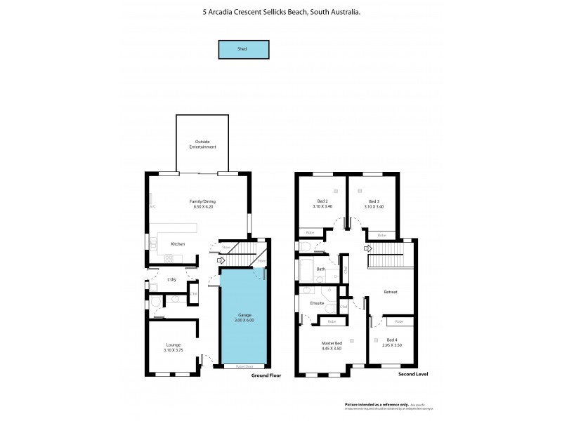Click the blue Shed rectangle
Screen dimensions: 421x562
[x=242, y=50]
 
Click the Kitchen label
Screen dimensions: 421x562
[x=178, y=243]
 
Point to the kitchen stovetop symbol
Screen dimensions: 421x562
[x=169, y=258]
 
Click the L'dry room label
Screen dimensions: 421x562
[x=171, y=279]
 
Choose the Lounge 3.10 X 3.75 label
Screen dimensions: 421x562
[x=174, y=347]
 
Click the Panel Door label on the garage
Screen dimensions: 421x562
[x=244, y=366]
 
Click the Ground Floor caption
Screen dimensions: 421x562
[x=266, y=375]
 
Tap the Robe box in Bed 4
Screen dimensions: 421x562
[x=398, y=321]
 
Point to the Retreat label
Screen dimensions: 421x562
[x=391, y=291]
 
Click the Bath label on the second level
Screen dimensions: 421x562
[x=321, y=269]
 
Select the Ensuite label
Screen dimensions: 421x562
[x=317, y=303]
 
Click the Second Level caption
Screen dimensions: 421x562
[x=413, y=375]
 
